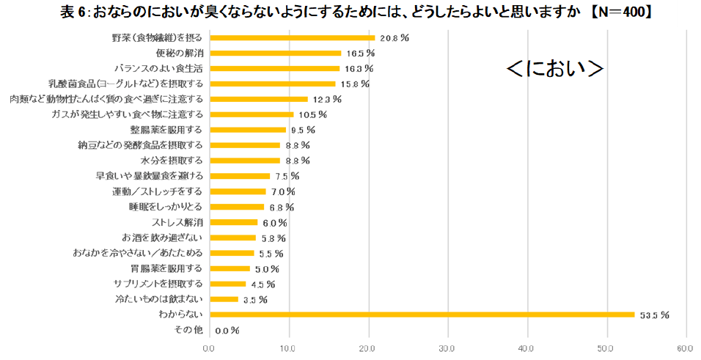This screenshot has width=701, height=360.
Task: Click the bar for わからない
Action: (422, 315)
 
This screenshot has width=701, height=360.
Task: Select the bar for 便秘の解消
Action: (275, 53)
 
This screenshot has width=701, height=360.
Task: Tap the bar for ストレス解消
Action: (233, 222)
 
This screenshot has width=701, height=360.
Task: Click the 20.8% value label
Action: (394, 37)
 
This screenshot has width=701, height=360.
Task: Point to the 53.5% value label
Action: (655, 315)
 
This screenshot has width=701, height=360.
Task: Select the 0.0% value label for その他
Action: (227, 331)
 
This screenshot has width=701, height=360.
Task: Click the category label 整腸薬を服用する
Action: (166, 130)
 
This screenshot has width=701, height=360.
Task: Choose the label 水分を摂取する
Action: (172, 161)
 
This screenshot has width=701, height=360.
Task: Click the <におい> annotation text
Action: (555, 68)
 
